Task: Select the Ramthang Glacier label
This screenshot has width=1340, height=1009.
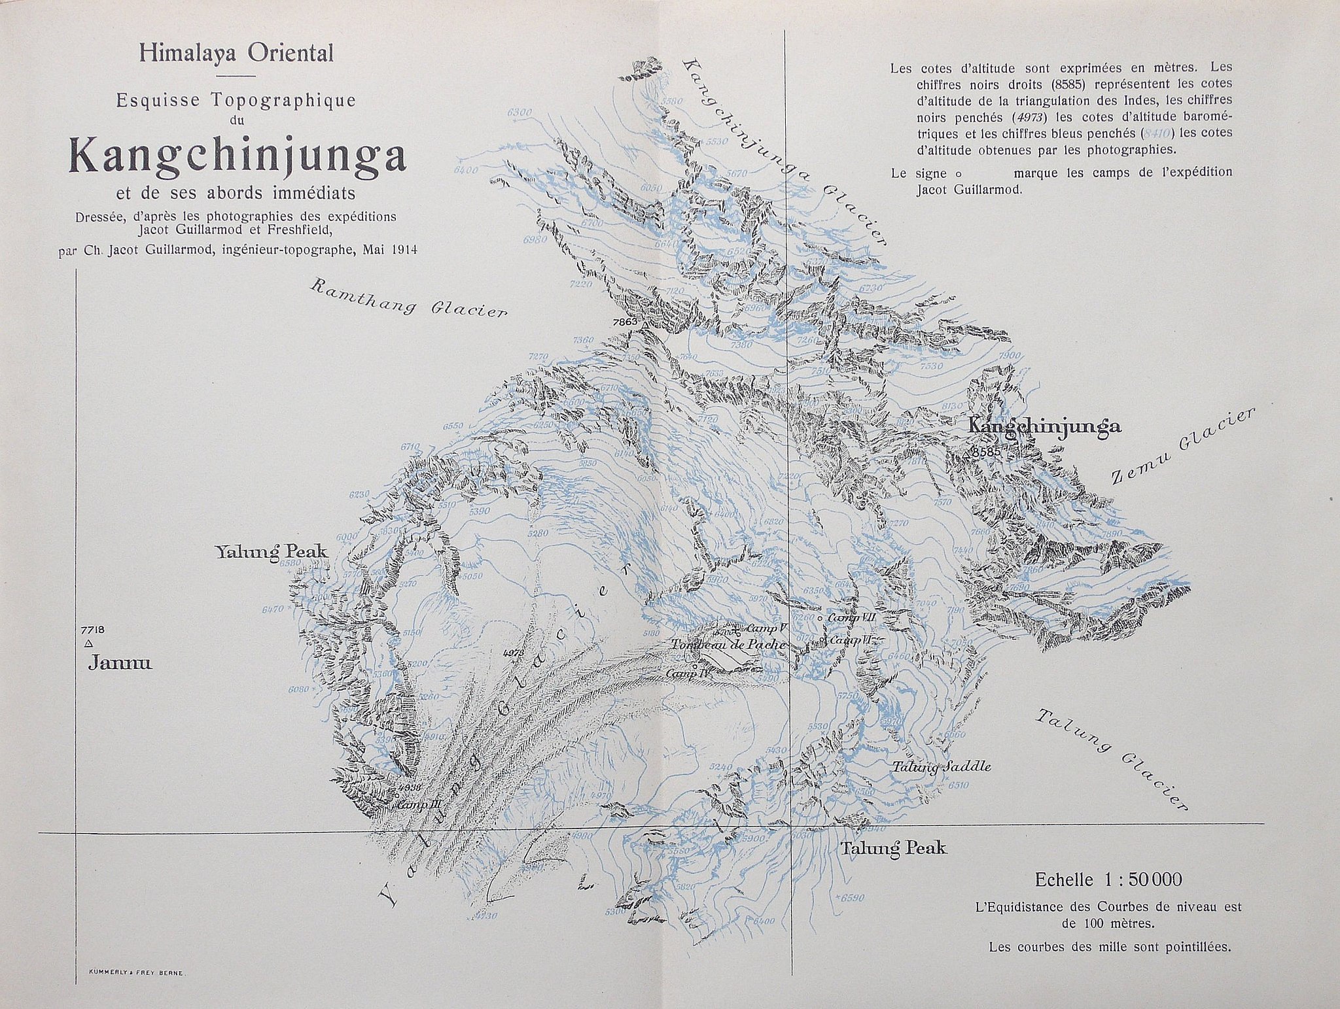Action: tap(408, 297)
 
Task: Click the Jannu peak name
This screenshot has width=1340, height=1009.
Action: tap(120, 664)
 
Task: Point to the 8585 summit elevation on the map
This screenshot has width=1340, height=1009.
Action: tap(987, 452)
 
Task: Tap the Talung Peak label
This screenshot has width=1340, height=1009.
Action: tap(893, 849)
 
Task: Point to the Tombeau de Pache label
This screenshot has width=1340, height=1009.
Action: tap(728, 645)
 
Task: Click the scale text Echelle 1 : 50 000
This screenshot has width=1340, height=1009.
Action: tap(1108, 880)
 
